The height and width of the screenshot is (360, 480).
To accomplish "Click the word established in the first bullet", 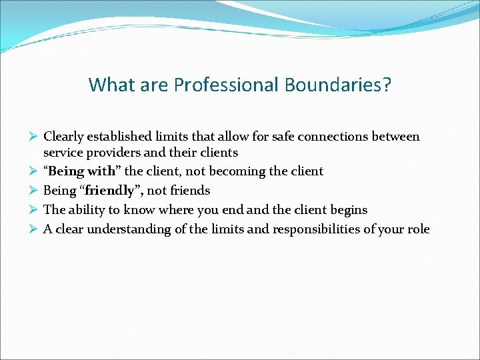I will [118, 137].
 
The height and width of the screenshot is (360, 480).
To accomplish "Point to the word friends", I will [189, 191].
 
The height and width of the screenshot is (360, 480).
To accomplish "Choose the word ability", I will [87, 210].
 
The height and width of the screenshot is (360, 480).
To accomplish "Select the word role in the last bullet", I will [418, 229].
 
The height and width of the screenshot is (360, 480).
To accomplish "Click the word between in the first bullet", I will [397, 137].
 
